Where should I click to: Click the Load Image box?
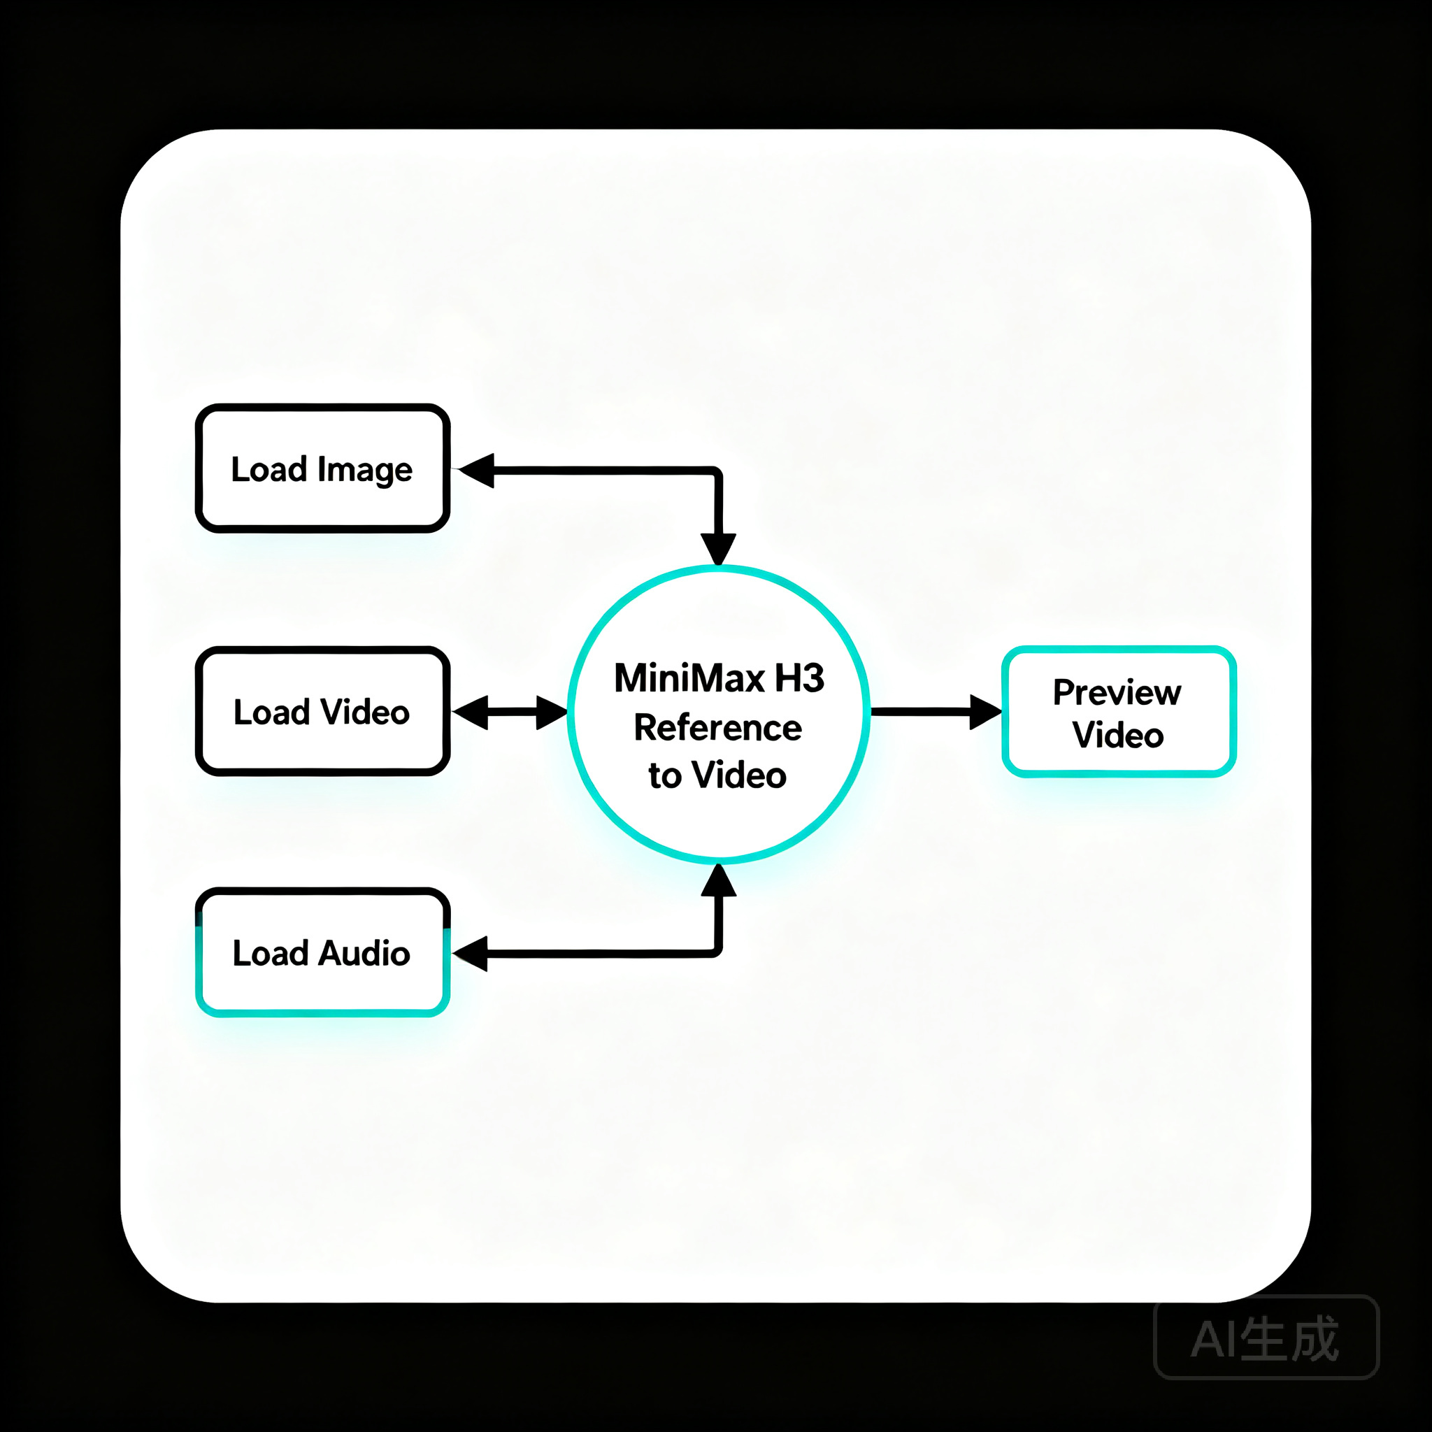pyautogui.click(x=322, y=468)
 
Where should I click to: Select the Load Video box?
pyautogui.click(x=322, y=712)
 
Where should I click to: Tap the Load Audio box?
pyautogui.click(x=322, y=952)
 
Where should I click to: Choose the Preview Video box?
pyautogui.click(x=1119, y=712)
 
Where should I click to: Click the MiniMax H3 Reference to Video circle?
pyautogui.click(x=718, y=714)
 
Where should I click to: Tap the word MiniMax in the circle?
pyautogui.click(x=689, y=678)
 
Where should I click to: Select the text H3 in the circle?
pyautogui.click(x=800, y=678)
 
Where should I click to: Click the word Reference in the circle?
pyautogui.click(x=717, y=728)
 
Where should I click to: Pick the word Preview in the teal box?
pyautogui.click(x=1117, y=692)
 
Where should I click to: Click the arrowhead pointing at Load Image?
pyautogui.click(x=477, y=471)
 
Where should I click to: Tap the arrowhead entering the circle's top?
pyautogui.click(x=718, y=549)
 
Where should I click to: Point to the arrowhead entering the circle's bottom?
pyautogui.click(x=718, y=880)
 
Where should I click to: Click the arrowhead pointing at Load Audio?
pyautogui.click(x=471, y=953)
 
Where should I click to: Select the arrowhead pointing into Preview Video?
pyautogui.click(x=986, y=713)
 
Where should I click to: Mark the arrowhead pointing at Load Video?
pyautogui.click(x=470, y=713)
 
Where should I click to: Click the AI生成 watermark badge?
pyautogui.click(x=1266, y=1337)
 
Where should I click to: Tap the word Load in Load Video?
pyautogui.click(x=271, y=713)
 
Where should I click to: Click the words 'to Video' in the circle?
pyautogui.click(x=717, y=775)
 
